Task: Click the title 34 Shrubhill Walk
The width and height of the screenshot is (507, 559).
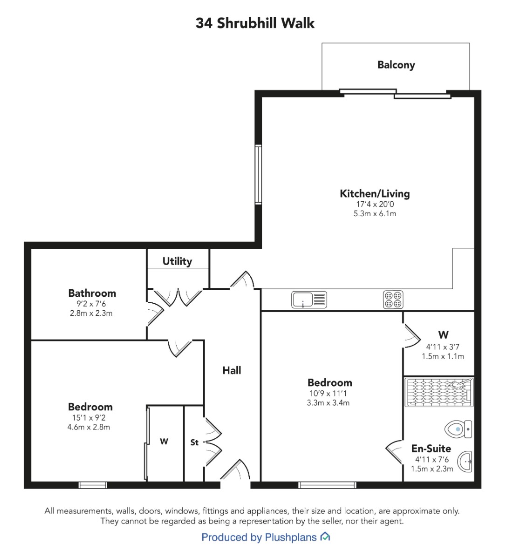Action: pyautogui.click(x=255, y=23)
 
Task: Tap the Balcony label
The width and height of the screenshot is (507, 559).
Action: pyautogui.click(x=396, y=65)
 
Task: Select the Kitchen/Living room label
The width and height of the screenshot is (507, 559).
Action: pyautogui.click(x=375, y=194)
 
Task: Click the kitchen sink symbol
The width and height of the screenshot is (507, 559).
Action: pyautogui.click(x=309, y=300)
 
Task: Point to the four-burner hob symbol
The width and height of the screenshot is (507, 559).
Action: pyautogui.click(x=393, y=300)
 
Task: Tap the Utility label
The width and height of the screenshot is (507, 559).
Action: pyautogui.click(x=177, y=261)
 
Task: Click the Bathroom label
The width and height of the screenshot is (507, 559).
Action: pyautogui.click(x=92, y=293)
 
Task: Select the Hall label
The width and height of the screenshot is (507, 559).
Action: pyautogui.click(x=232, y=370)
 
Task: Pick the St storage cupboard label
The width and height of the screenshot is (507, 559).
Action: pyautogui.click(x=194, y=442)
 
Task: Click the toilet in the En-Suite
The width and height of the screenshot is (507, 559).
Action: pyautogui.click(x=458, y=429)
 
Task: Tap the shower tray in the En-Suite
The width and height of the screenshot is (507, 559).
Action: pyautogui.click(x=439, y=392)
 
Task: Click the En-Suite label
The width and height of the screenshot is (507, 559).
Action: pyautogui.click(x=431, y=449)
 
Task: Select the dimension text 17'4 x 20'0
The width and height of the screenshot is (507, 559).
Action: pyautogui.click(x=375, y=204)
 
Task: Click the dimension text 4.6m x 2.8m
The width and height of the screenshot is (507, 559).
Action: pyautogui.click(x=89, y=427)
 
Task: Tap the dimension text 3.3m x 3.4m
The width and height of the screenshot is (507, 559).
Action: pyautogui.click(x=328, y=402)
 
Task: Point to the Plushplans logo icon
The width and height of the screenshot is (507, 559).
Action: pyautogui.click(x=325, y=537)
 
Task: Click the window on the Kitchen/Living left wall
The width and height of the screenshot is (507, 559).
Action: pyautogui.click(x=258, y=174)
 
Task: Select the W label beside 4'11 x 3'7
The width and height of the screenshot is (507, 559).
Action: pyautogui.click(x=444, y=334)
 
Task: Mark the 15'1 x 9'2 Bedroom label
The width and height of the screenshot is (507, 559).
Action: pyautogui.click(x=90, y=407)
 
